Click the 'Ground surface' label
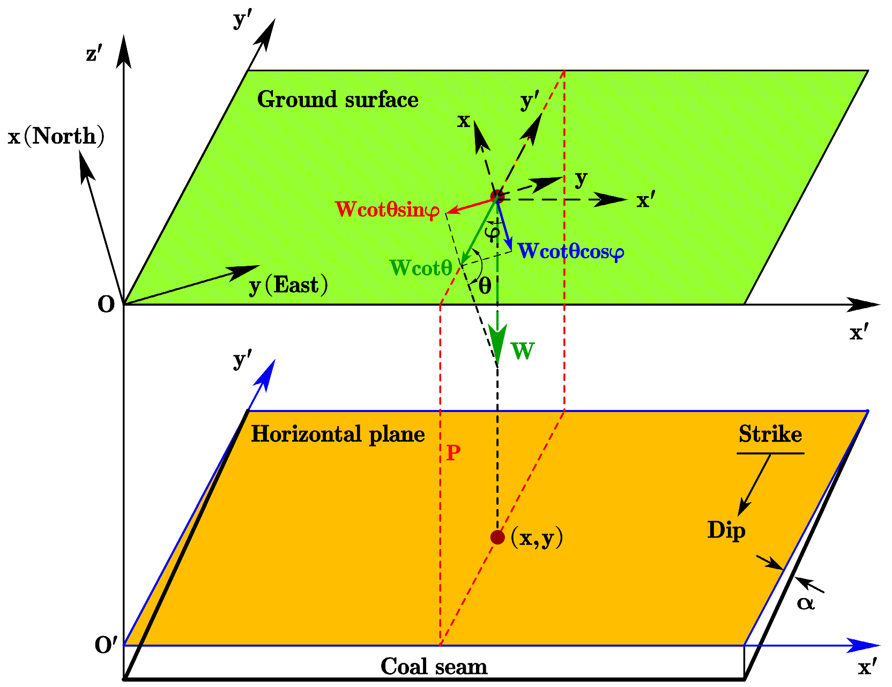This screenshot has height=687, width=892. pyautogui.click(x=338, y=100)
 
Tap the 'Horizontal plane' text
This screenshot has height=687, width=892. pyautogui.click(x=338, y=435)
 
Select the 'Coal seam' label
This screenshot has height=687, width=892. pyautogui.click(x=434, y=667)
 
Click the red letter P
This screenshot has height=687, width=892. pyautogui.click(x=453, y=453)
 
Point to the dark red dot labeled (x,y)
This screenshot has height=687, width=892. pyautogui.click(x=497, y=537)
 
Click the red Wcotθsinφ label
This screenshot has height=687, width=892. pyautogui.click(x=388, y=210)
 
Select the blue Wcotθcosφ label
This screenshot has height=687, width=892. pyautogui.click(x=571, y=251)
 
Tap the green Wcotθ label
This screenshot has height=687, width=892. pyautogui.click(x=421, y=268)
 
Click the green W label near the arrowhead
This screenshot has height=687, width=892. pyautogui.click(x=523, y=352)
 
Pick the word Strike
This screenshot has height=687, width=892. pyautogui.click(x=770, y=434)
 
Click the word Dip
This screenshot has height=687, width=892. pyautogui.click(x=726, y=531)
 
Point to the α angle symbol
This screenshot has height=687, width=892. pyautogui.click(x=805, y=603)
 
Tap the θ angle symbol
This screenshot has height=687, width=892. pyautogui.click(x=485, y=286)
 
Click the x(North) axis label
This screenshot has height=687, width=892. pyautogui.click(x=56, y=137)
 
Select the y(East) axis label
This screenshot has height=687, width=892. pyautogui.click(x=288, y=286)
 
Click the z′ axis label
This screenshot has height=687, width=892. pyautogui.click(x=94, y=54)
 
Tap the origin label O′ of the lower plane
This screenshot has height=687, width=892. pyautogui.click(x=106, y=646)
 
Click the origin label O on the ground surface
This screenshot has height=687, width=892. pyautogui.click(x=106, y=305)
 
